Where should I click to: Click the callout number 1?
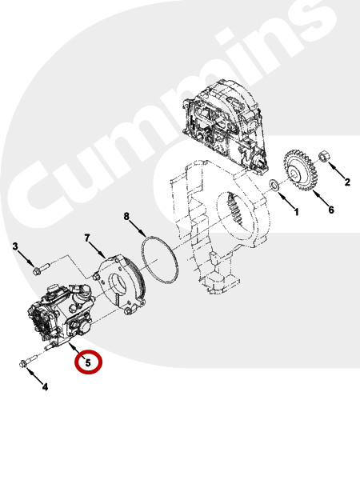coord(296,211)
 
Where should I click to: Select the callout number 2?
coord(347,182)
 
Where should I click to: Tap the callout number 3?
coord(15,246)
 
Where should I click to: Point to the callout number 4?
coord(45,387)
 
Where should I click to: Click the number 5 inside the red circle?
coord(88,362)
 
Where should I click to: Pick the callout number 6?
coord(331,210)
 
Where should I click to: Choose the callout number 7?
coord(87,238)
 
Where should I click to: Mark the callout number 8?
coord(126,217)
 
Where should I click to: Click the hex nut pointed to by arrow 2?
coord(323,157)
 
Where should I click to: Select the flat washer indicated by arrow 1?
coord(274,185)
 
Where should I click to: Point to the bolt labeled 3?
coord(40,269)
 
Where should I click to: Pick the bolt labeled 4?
coord(27,360)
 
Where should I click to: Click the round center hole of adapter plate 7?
coord(118,283)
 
